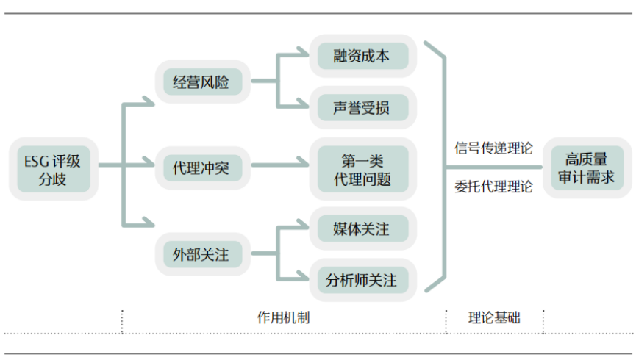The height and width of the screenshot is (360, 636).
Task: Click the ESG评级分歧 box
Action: click(53, 168)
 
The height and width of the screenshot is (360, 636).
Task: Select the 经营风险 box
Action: click(202, 82)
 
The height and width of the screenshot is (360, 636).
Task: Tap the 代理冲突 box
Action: click(202, 168)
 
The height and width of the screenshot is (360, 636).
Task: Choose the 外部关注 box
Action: click(202, 255)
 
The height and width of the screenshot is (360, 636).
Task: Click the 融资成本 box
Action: click(361, 56)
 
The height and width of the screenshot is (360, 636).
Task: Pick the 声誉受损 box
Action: click(361, 108)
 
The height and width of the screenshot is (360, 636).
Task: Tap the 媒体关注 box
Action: click(361, 228)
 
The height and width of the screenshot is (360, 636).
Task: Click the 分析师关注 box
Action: click(361, 280)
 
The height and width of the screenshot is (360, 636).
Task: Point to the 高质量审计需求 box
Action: click(585, 168)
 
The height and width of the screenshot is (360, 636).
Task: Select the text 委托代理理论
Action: click(493, 187)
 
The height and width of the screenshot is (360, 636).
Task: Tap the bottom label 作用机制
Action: click(283, 317)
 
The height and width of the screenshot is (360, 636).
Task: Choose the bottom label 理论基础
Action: click(494, 317)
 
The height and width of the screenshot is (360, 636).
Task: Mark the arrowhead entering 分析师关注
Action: click(303, 278)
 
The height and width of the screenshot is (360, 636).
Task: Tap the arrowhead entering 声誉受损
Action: click(303, 106)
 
